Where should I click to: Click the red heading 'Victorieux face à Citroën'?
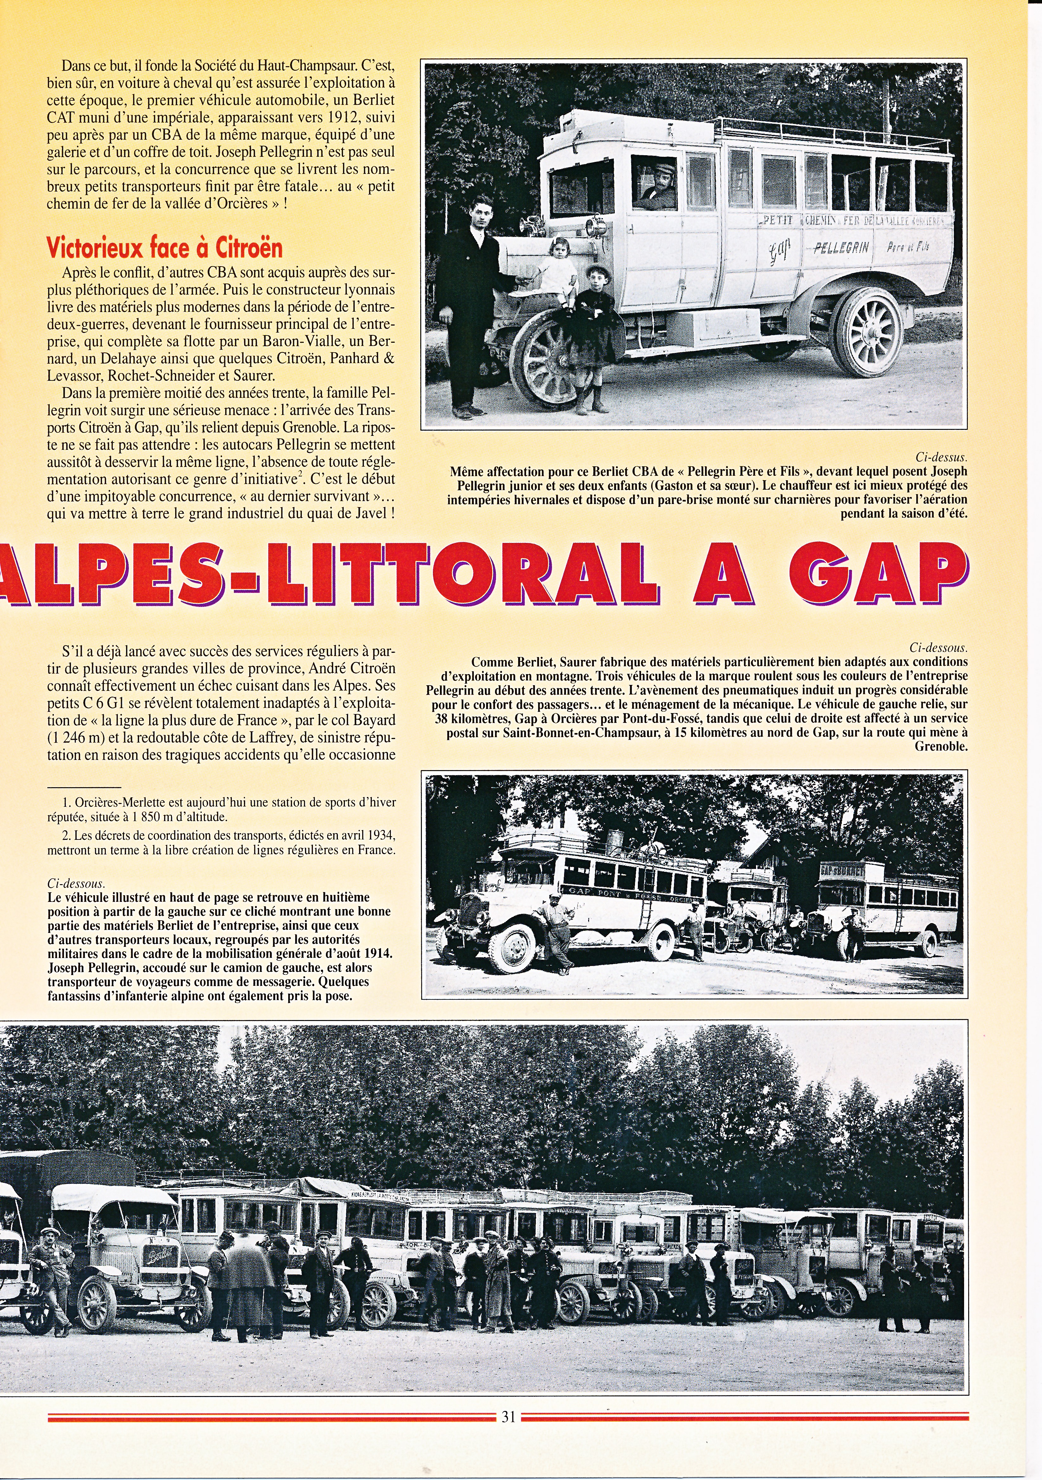click(x=164, y=248)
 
